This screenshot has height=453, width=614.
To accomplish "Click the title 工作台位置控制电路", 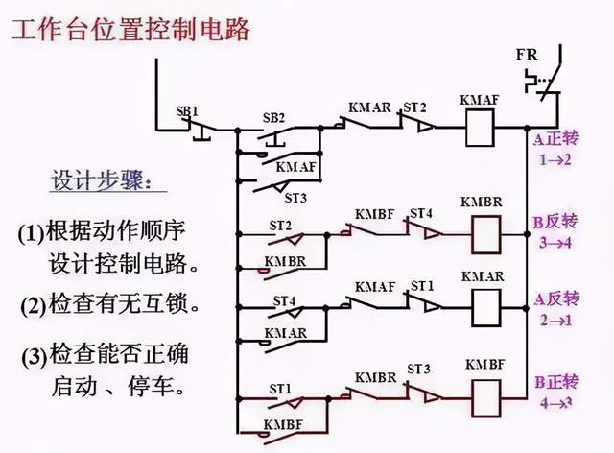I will [x=130, y=30].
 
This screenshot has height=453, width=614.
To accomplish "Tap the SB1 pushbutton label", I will [x=187, y=111].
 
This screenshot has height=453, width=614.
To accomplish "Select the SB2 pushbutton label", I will [x=274, y=118].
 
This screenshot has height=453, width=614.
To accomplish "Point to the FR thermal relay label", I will [x=527, y=54].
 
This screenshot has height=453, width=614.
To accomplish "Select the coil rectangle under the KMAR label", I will [x=482, y=302].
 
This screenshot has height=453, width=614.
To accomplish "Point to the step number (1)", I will [x=32, y=232].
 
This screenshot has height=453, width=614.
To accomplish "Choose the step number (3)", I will [x=34, y=356].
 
